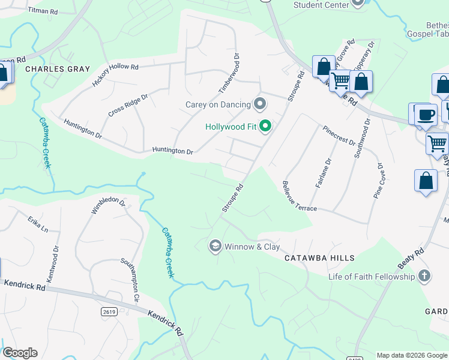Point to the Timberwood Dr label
[230, 73]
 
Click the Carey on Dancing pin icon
[260, 104]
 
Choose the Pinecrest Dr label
[339, 135]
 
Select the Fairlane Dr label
[322, 173]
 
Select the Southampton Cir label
[130, 279]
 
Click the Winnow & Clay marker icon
[214, 246]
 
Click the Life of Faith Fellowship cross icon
[424, 276]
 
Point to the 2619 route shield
[109, 311]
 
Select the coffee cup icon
[425, 115]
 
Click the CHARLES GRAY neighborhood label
[57, 69]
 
